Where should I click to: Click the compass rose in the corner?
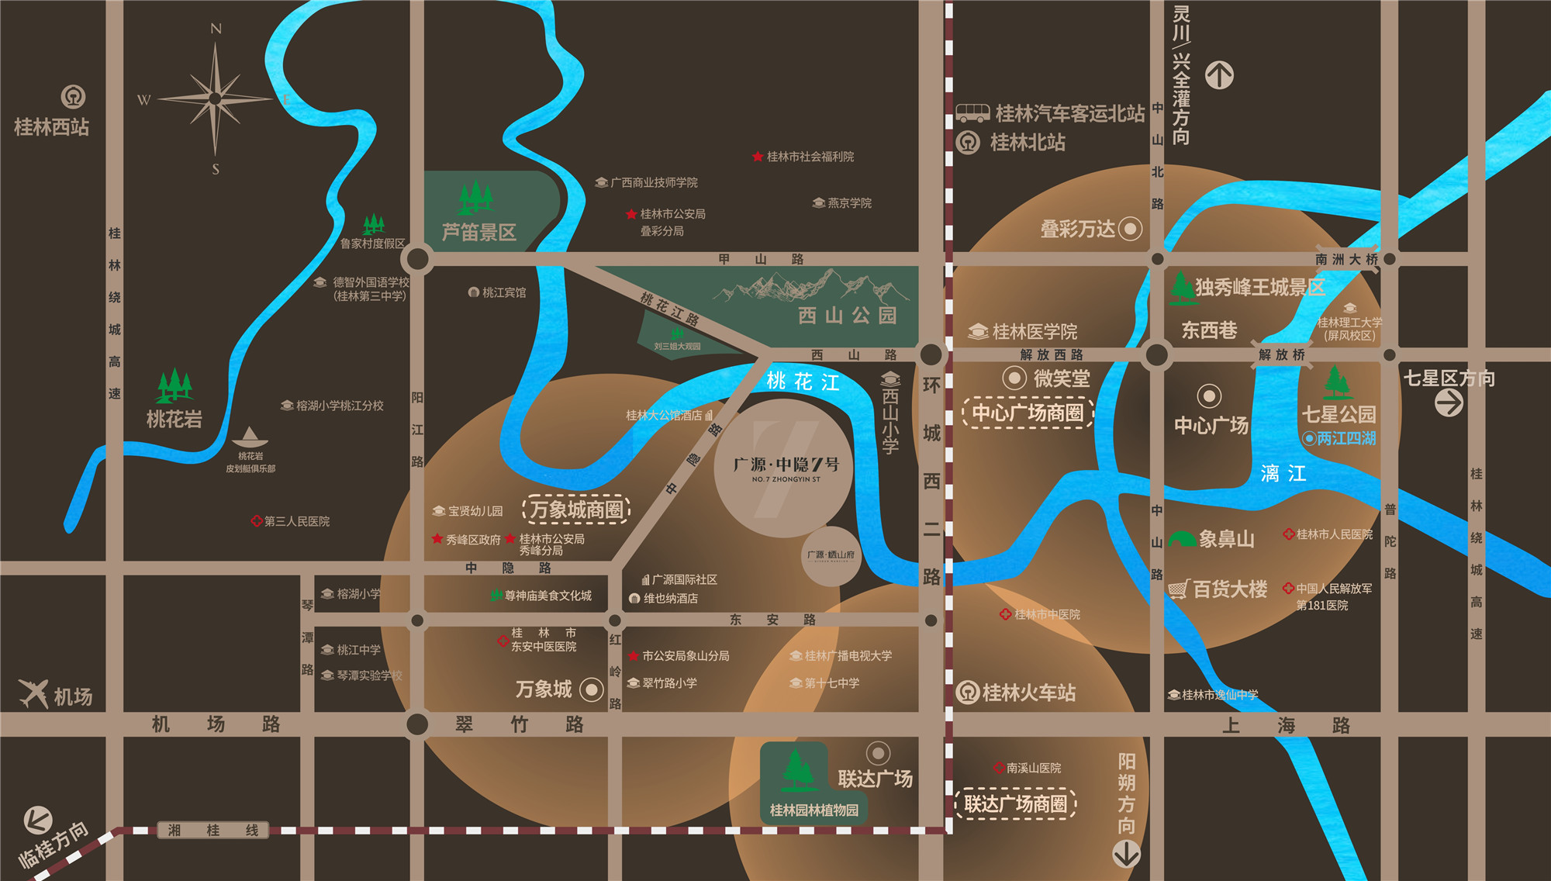point(216,98)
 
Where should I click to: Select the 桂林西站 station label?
point(52,127)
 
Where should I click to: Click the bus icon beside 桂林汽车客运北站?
point(972,113)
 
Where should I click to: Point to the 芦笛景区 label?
point(478,232)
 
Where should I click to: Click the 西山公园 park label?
point(847,315)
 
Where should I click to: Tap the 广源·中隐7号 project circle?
point(784,468)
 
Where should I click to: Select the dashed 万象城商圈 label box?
point(576,510)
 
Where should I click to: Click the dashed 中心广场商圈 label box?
point(1028,413)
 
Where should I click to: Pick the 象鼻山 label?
point(1226,539)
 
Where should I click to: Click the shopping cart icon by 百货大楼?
point(1178,589)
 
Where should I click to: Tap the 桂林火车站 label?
point(1028,693)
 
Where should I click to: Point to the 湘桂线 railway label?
point(212,831)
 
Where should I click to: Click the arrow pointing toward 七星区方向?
point(1449,403)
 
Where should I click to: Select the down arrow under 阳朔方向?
point(1126,854)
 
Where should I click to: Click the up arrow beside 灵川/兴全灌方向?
point(1219,75)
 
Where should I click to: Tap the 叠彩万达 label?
point(1077,229)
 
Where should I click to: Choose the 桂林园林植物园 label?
point(813,810)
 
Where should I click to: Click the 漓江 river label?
point(1283,473)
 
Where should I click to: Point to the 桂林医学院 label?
point(1035,332)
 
